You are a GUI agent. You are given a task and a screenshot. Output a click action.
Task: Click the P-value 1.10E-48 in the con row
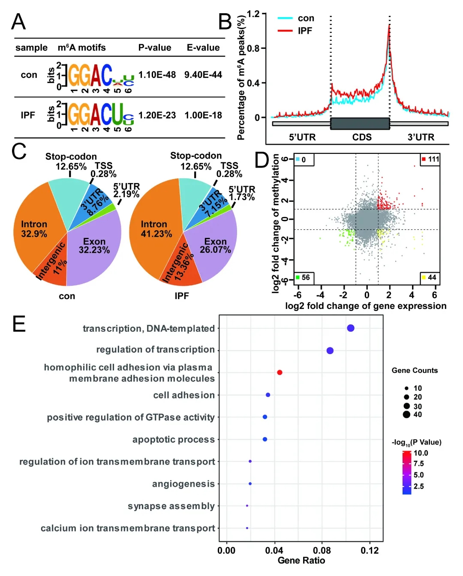(x=157, y=75)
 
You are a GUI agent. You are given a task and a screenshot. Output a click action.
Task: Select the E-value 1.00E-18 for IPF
(x=203, y=115)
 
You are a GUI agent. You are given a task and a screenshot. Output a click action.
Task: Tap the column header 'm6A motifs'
(x=81, y=48)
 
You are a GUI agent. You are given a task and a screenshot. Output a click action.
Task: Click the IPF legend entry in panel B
(x=305, y=31)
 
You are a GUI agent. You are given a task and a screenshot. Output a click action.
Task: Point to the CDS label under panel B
(x=362, y=137)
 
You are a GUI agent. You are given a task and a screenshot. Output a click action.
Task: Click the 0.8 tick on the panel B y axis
(x=253, y=48)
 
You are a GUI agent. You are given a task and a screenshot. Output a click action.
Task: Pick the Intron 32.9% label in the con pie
(x=34, y=229)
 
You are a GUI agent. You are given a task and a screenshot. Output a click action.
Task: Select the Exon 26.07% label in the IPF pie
(x=215, y=246)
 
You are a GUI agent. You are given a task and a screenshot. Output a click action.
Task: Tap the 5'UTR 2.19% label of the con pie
(x=126, y=190)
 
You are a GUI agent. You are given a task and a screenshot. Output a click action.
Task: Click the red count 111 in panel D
(x=433, y=159)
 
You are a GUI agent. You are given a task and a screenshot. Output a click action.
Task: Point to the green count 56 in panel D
(x=305, y=277)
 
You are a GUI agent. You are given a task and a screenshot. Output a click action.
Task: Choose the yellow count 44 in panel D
(x=432, y=277)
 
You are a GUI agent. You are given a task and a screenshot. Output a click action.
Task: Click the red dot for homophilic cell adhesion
(x=280, y=372)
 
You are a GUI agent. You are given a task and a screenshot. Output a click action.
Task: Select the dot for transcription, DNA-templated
(x=351, y=328)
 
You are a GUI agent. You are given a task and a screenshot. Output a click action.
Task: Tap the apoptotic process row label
(x=173, y=439)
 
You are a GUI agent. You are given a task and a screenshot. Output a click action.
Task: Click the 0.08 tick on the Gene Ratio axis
(x=322, y=551)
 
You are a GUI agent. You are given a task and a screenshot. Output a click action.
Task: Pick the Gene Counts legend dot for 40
(x=406, y=414)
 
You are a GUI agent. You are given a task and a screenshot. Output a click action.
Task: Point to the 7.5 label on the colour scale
(x=418, y=464)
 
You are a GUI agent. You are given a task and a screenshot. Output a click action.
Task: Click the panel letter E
(x=19, y=324)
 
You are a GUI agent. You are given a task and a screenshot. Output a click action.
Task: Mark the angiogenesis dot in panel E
(x=250, y=483)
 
